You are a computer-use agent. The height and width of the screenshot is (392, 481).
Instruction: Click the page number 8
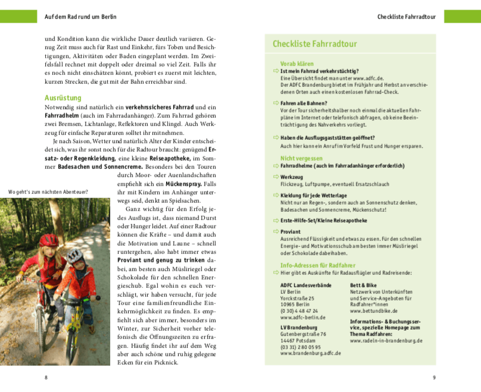pos(46,378)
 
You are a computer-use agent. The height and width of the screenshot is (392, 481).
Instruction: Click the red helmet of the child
pos(49,240)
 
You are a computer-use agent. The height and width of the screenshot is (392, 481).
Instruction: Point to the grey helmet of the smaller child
pos(74,255)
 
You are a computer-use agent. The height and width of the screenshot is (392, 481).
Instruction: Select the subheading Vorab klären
pos(296,64)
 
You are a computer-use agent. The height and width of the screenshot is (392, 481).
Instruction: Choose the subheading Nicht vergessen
pos(301,158)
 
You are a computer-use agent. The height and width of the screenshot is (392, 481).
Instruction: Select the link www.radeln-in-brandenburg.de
pos(386,341)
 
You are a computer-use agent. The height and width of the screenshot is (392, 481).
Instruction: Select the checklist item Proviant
pos(291,231)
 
